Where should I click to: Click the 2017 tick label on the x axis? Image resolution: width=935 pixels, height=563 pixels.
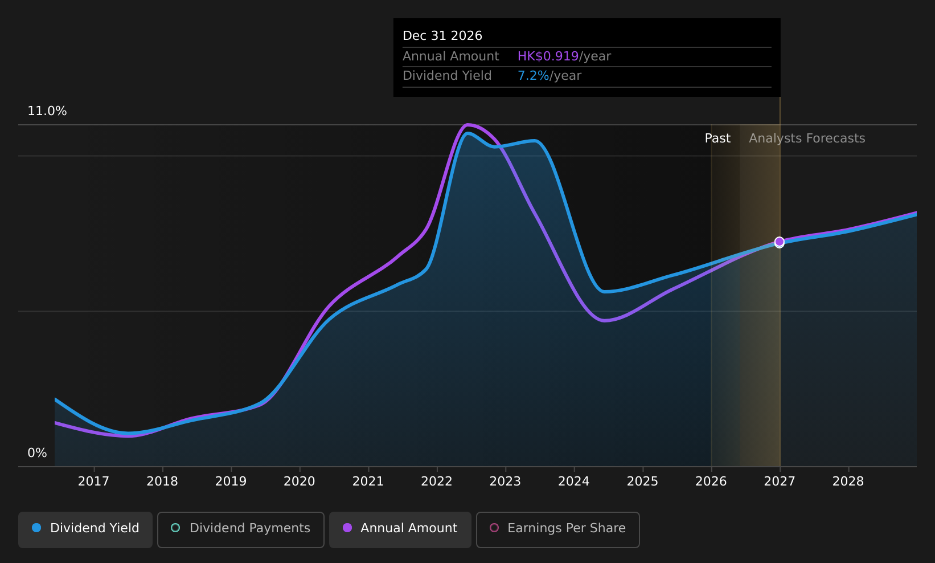click(x=93, y=482)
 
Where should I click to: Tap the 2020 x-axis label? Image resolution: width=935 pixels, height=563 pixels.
click(x=300, y=482)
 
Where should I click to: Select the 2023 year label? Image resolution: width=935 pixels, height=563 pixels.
click(x=505, y=482)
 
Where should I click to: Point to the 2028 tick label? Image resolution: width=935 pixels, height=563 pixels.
click(x=848, y=482)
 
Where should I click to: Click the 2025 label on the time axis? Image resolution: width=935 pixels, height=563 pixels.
click(x=642, y=482)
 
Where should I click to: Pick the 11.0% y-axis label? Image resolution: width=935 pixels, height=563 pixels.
click(x=47, y=111)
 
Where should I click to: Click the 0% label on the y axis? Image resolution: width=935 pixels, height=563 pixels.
click(x=37, y=453)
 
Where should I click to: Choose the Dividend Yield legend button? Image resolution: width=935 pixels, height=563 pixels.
click(x=85, y=529)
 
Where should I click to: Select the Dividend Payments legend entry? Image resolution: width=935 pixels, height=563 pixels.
click(x=241, y=529)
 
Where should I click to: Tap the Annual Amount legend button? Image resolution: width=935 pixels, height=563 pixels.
click(x=400, y=529)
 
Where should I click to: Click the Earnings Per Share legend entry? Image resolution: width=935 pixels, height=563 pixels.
click(x=558, y=529)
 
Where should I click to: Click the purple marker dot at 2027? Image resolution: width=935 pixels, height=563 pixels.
click(x=780, y=242)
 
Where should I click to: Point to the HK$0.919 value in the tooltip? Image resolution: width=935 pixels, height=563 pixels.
click(x=548, y=56)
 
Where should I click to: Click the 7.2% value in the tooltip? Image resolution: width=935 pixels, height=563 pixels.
click(x=534, y=76)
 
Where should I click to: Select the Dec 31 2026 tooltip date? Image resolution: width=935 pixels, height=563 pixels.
click(x=442, y=36)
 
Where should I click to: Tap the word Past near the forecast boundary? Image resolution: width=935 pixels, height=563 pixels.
click(x=717, y=138)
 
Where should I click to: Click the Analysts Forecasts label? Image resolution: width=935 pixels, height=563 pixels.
click(x=807, y=138)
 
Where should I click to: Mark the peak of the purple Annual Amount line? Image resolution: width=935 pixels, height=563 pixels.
click(x=468, y=124)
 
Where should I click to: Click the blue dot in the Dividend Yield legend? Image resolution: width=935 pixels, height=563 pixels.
click(x=36, y=528)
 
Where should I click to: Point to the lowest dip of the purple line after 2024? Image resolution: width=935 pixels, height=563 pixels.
click(x=604, y=321)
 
